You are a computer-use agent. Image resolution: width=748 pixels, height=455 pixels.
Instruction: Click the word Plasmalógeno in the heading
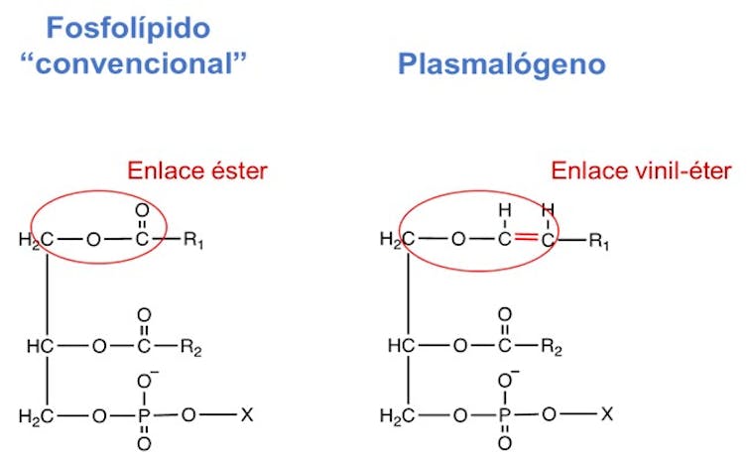pyautogui.click(x=501, y=65)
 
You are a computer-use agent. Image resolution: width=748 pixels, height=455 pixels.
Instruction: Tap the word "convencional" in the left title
pyautogui.click(x=132, y=64)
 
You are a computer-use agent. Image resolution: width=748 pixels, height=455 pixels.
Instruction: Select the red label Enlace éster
pyautogui.click(x=196, y=171)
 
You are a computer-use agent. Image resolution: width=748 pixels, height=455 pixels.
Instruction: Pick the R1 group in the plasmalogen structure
pyautogui.click(x=599, y=240)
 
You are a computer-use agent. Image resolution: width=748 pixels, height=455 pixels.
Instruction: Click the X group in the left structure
pyautogui.click(x=247, y=412)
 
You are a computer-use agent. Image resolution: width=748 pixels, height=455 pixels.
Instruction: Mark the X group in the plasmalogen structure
pyautogui.click(x=606, y=412)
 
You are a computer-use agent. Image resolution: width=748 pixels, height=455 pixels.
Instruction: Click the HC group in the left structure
pyautogui.click(x=40, y=347)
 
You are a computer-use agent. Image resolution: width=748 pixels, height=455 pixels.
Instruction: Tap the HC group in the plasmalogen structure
pyautogui.click(x=401, y=347)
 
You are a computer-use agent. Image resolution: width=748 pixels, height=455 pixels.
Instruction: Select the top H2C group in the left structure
pyautogui.click(x=37, y=240)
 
